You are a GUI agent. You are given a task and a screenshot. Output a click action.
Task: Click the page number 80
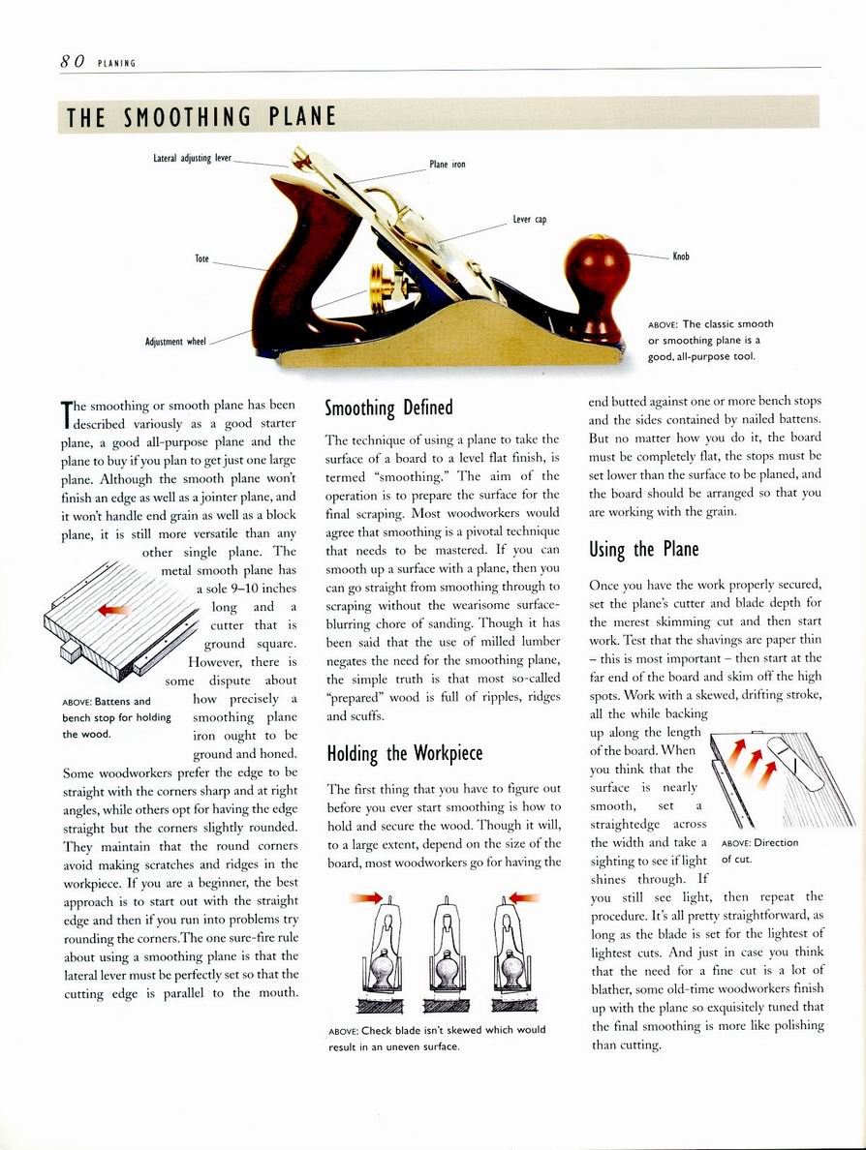[72, 61]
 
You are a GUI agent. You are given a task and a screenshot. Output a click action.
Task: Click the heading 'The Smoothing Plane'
[201, 118]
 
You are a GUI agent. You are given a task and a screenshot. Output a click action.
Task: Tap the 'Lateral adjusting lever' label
[192, 158]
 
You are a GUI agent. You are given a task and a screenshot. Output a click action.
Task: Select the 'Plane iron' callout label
[448, 165]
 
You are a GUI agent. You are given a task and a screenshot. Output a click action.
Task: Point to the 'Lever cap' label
[530, 220]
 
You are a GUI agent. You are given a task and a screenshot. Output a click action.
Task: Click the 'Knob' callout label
[681, 257]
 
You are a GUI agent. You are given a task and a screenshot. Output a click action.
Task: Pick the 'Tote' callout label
[201, 258]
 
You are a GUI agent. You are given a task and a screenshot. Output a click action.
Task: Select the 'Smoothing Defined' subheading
[388, 408]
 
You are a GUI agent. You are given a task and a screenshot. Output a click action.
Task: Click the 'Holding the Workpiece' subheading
[405, 753]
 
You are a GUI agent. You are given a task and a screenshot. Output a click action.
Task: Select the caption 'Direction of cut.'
[759, 850]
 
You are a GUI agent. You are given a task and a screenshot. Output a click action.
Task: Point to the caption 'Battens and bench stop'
[115, 716]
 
